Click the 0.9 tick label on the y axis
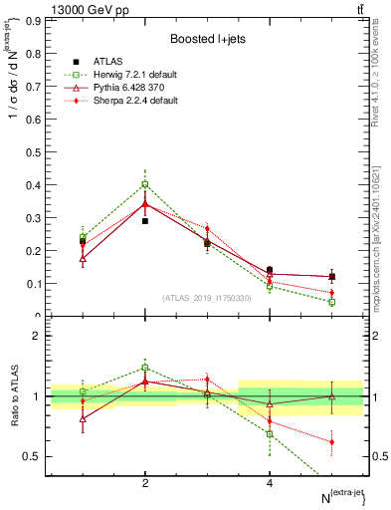coord(33,20)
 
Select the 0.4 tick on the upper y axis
coord(33,184)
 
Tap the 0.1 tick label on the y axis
coord(33,283)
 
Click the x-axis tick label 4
coord(270,483)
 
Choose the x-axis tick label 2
coord(145,483)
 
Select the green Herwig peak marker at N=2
coord(145,183)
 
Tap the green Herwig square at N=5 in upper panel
coord(331,301)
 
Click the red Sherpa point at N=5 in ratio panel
coord(331,441)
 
